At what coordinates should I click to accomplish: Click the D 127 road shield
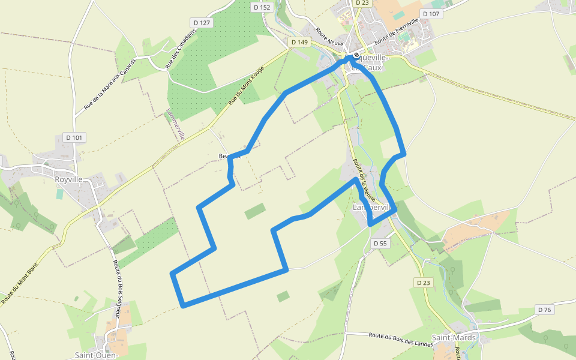click(x=203, y=23)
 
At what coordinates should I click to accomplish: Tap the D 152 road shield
click(x=262, y=7)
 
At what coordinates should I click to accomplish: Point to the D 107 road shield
click(x=431, y=13)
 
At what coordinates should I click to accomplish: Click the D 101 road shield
click(x=74, y=137)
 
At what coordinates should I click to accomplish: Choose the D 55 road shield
click(x=380, y=243)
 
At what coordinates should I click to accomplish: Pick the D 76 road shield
click(x=544, y=310)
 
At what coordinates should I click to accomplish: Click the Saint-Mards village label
click(x=454, y=338)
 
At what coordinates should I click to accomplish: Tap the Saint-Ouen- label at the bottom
click(x=96, y=355)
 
